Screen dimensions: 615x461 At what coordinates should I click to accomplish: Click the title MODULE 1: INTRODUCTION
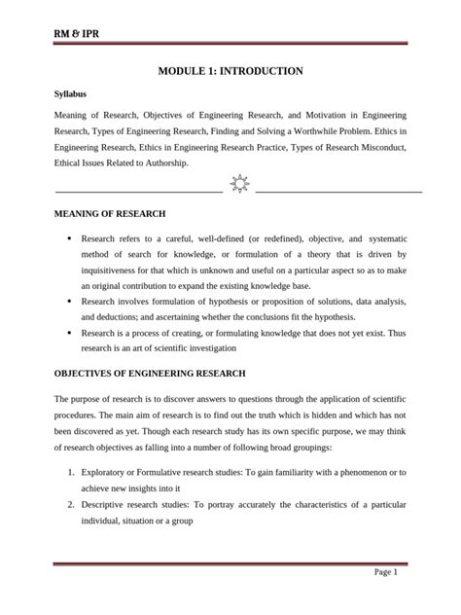pos(230,71)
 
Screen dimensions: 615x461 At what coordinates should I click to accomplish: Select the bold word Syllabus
pos(70,94)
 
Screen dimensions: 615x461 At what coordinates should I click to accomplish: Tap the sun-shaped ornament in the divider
pos(239,182)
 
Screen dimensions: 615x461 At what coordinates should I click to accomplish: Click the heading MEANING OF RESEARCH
pos(110,213)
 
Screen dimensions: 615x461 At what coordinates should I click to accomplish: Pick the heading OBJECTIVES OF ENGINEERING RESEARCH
pos(149,374)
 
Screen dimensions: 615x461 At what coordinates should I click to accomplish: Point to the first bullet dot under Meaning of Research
pos(67,238)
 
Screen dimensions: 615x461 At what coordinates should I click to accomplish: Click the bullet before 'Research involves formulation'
pos(67,302)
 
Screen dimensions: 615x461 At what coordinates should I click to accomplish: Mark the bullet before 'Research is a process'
pos(67,333)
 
